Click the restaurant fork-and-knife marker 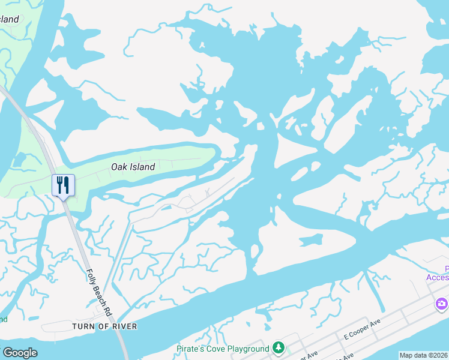[63, 184]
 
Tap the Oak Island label [133, 167]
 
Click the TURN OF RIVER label [104, 326]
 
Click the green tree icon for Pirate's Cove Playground [278, 347]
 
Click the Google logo [20, 353]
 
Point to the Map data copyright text [423, 355]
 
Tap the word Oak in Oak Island [119, 167]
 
